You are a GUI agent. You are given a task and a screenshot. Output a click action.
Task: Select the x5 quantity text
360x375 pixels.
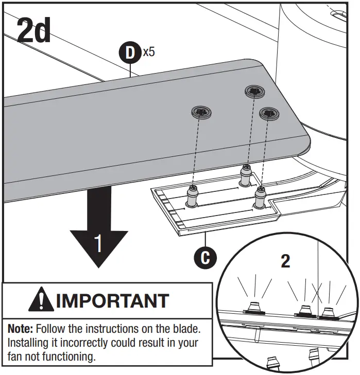click(149, 51)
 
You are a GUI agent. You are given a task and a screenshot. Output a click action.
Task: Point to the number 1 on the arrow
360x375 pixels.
click(98, 244)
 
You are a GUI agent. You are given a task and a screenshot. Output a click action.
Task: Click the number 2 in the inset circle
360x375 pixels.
click(285, 261)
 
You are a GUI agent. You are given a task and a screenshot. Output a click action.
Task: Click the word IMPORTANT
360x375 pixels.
click(112, 300)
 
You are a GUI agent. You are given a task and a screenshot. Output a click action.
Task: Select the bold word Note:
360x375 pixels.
click(20, 328)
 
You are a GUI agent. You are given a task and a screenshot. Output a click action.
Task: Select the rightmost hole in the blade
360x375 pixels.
click(269, 113)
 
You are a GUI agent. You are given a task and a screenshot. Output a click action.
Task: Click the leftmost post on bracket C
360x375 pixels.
click(192, 197)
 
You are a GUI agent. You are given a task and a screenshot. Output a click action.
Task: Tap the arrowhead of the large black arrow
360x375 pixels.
click(98, 249)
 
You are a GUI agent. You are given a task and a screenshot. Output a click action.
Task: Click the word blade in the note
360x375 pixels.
click(184, 328)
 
